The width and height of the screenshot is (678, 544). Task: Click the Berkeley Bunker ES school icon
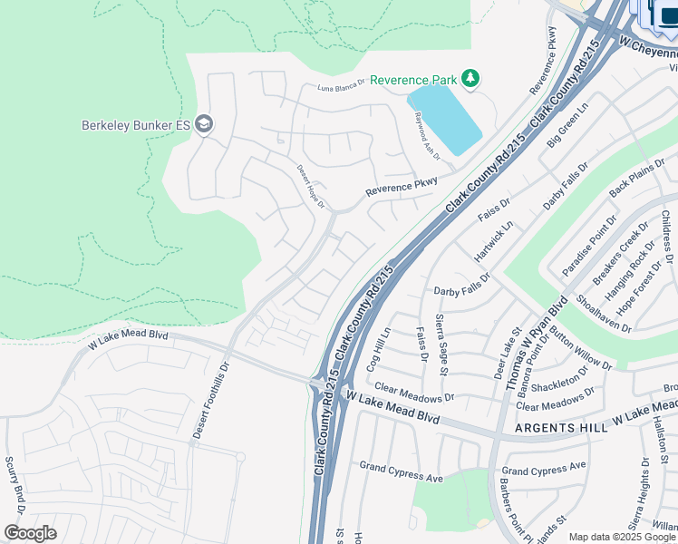point(204,124)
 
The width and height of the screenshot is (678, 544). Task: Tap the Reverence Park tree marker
point(470,80)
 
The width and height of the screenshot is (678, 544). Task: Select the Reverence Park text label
point(413,81)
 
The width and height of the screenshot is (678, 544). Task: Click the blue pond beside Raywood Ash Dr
point(444,118)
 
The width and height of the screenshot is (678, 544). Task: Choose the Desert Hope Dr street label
point(310,186)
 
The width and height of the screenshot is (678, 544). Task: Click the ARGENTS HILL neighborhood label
point(554,427)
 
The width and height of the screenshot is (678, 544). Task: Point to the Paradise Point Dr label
point(589,245)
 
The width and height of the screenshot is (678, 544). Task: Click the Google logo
point(30,533)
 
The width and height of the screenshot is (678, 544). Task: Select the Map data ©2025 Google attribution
point(622,537)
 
